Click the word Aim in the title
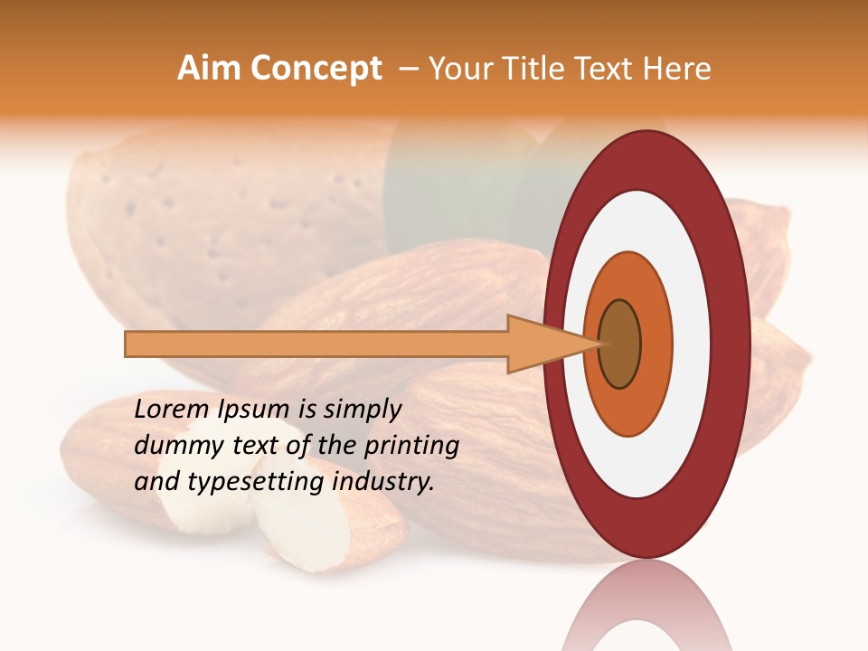(x=209, y=69)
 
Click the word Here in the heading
(x=678, y=69)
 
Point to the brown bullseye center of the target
(x=619, y=344)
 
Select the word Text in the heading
(x=608, y=69)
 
